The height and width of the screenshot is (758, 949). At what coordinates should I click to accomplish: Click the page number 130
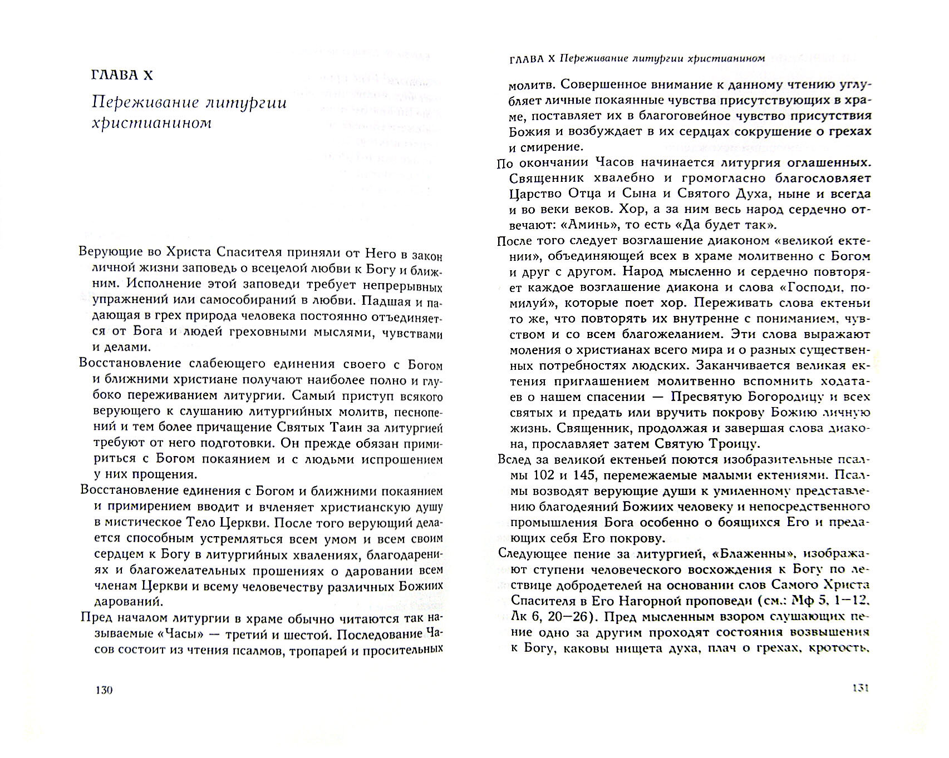[x=104, y=690]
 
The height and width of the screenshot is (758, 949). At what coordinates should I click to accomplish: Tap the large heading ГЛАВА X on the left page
[x=121, y=75]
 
